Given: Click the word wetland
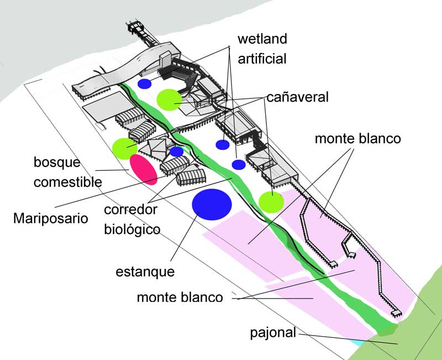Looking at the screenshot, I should [262, 40].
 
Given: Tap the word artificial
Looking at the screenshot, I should [262, 58].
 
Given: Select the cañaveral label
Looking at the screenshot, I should [297, 97].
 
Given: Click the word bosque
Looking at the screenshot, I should [57, 163].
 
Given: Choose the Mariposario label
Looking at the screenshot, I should [51, 218].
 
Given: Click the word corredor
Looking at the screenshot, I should [131, 210].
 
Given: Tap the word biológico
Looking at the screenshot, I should [132, 229].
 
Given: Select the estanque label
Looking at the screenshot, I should [145, 272].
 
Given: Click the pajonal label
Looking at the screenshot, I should [273, 333].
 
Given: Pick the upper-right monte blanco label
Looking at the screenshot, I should [357, 138].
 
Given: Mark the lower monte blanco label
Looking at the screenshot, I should [180, 298].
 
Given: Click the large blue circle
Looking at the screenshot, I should [212, 204].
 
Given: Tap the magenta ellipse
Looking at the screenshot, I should [144, 169].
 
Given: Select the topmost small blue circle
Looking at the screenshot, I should [145, 84].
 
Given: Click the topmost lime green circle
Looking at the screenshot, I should [169, 100].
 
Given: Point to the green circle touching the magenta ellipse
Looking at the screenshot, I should [124, 148].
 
